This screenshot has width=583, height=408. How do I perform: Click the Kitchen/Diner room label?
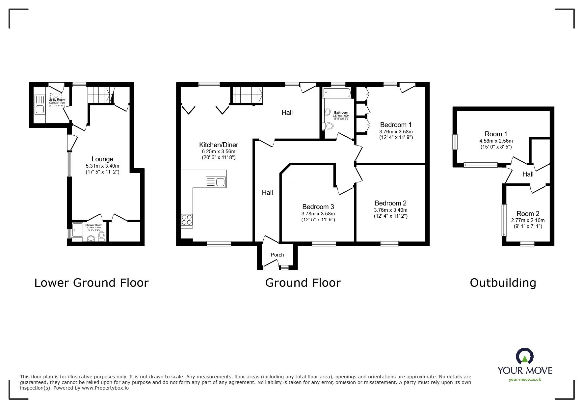click(219, 145)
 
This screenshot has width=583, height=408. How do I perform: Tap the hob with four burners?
click(187, 220)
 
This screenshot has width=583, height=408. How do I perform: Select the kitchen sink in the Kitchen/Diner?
click(216, 182)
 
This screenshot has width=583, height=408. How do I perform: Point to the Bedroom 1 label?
click(396, 125)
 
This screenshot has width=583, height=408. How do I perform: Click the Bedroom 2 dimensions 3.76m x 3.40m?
click(390, 210)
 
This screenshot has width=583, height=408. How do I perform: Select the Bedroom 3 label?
click(318, 207)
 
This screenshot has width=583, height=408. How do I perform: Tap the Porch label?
click(277, 255)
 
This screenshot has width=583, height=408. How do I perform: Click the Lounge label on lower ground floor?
click(102, 159)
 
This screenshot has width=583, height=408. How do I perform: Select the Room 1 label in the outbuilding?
click(496, 134)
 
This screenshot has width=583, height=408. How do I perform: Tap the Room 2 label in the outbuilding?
click(528, 214)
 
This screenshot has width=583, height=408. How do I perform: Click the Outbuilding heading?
click(503, 283)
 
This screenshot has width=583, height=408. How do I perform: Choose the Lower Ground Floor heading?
click(92, 283)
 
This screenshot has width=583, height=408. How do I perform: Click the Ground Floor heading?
click(303, 283)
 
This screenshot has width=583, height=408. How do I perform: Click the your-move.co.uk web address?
click(525, 380)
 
